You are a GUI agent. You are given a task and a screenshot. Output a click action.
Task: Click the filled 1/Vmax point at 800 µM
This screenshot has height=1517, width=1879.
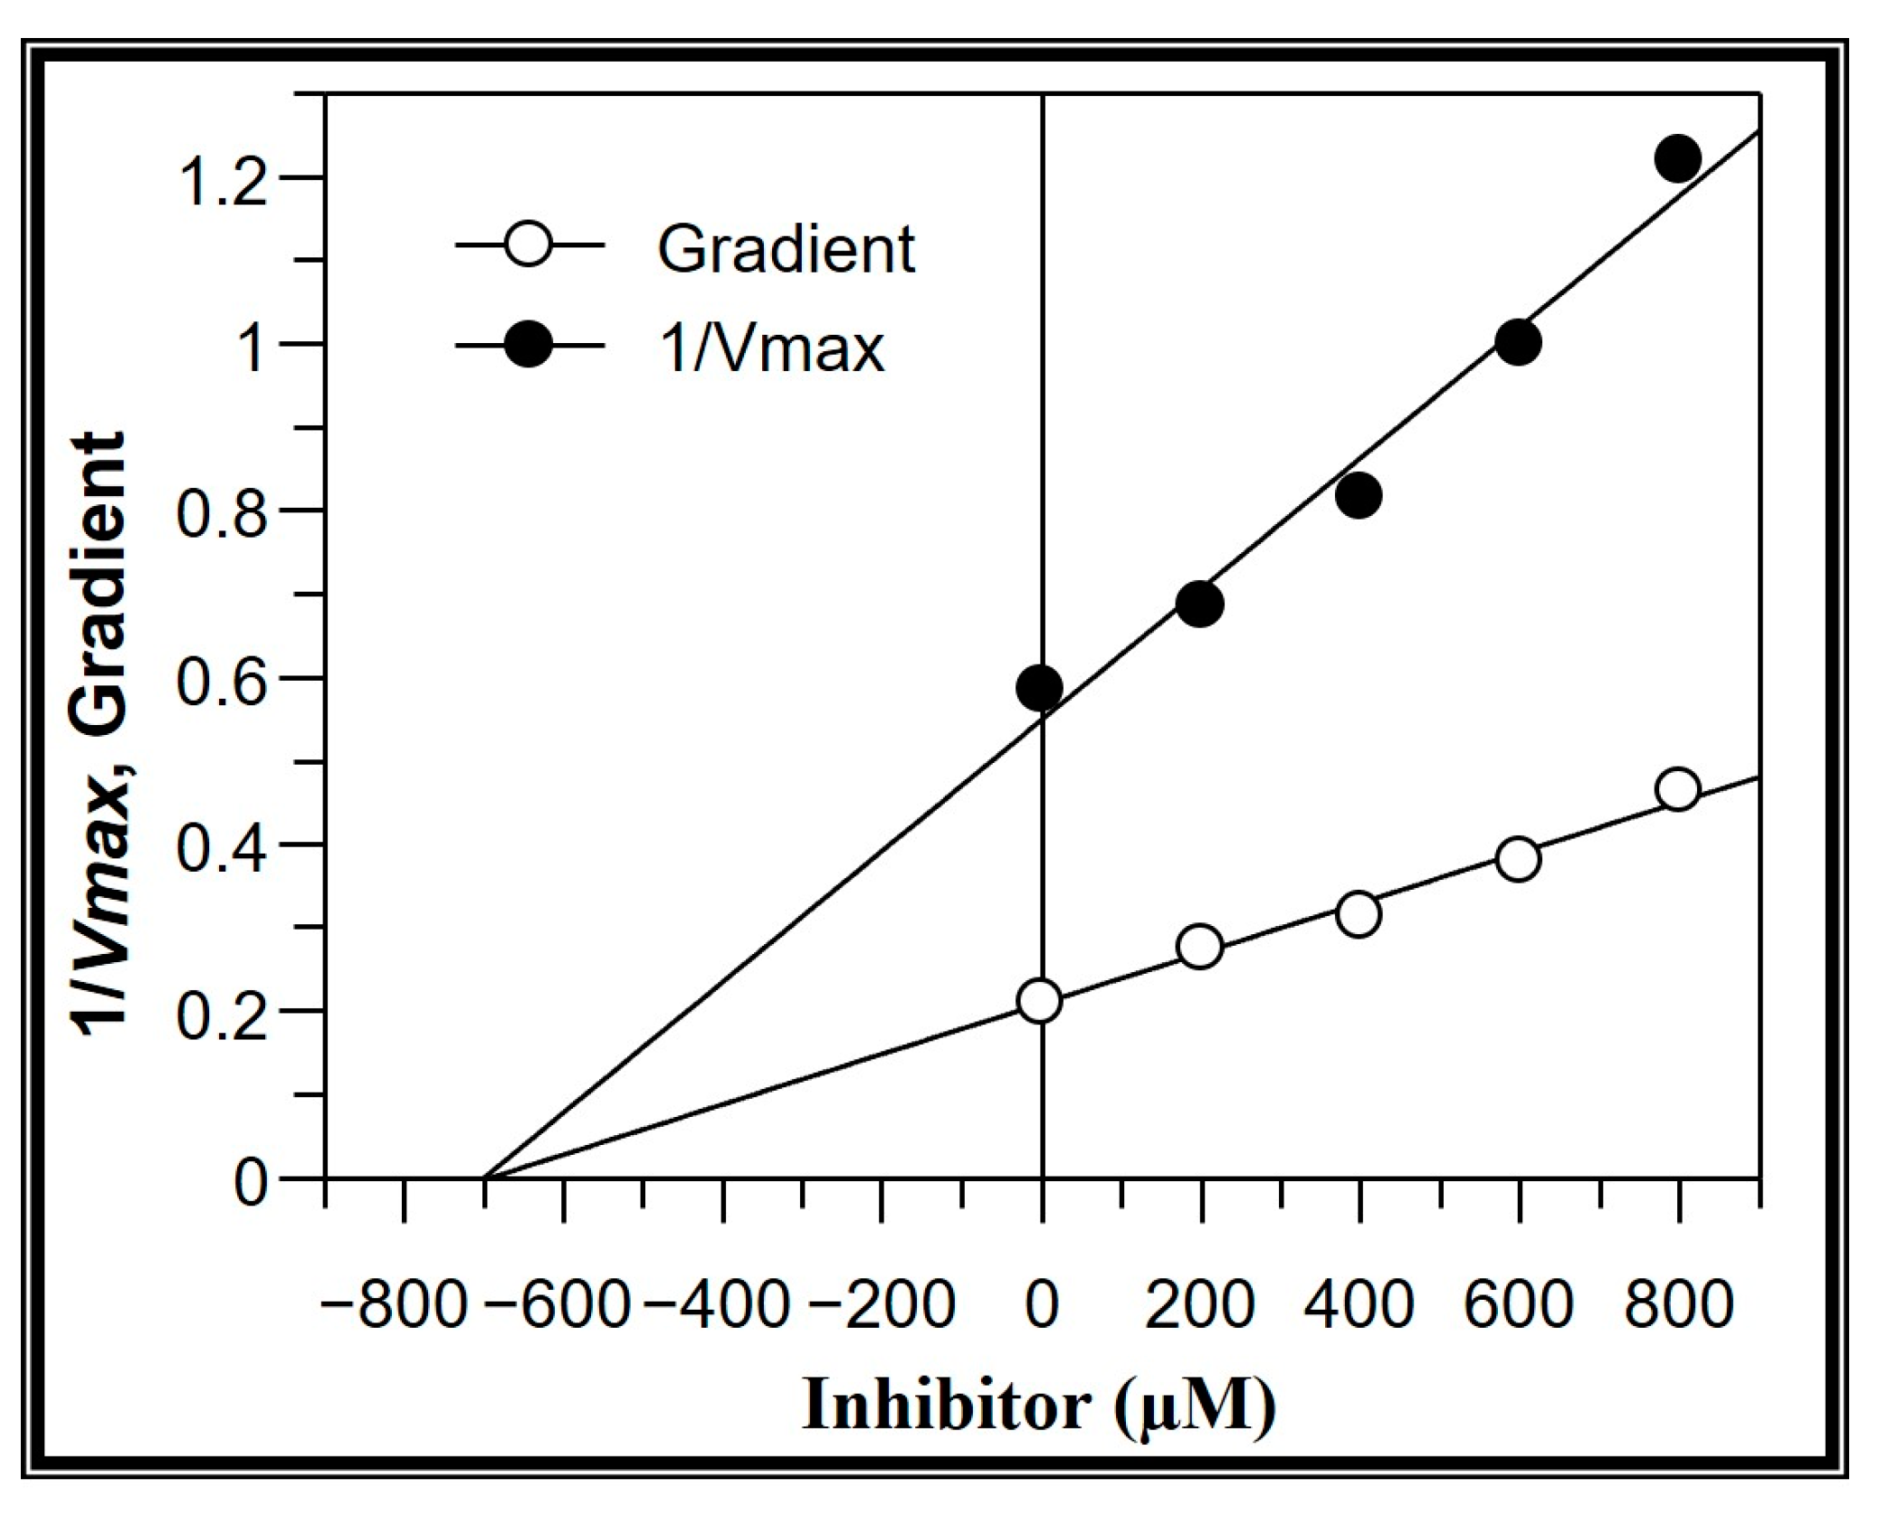(1677, 159)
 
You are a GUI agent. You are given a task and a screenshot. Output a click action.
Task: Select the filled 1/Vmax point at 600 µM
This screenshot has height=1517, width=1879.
(1518, 342)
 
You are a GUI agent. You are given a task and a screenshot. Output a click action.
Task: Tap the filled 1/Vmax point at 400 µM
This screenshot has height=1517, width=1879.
(1358, 495)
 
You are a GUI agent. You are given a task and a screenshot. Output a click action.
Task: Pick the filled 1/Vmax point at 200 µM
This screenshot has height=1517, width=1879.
(1199, 604)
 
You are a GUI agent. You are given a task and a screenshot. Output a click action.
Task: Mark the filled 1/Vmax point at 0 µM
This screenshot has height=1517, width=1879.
(1039, 688)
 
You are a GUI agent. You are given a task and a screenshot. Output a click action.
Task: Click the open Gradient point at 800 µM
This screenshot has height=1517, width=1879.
(1677, 789)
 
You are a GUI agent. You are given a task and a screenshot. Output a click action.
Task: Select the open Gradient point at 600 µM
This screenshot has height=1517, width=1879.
(1518, 858)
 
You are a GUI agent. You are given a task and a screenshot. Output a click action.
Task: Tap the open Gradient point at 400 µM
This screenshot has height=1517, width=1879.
(1358, 914)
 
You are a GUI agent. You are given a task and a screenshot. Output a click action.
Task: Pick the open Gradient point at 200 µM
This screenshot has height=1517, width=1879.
(1199, 947)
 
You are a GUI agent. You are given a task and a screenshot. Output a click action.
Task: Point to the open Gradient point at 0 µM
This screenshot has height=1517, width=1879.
(1039, 1001)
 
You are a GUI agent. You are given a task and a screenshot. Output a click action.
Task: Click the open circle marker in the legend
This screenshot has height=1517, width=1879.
(528, 244)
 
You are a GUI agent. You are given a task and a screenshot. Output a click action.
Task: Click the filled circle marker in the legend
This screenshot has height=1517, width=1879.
(528, 345)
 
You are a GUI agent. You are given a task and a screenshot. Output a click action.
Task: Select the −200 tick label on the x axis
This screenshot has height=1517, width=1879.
(881, 1306)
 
